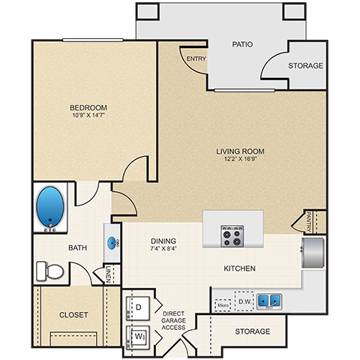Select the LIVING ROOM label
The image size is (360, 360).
click(240, 151)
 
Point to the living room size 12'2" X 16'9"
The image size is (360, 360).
click(240, 159)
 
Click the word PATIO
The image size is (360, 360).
click(242, 44)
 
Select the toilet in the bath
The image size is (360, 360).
click(50, 270)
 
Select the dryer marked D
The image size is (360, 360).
click(139, 306)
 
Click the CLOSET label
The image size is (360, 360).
click(73, 314)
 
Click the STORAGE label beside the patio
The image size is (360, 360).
click(306, 66)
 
